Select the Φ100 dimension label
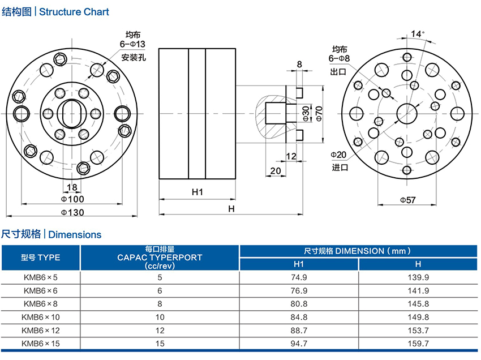click(72, 199)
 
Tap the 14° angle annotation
click(418, 33)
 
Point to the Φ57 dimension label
click(407, 200)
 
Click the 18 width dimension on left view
click(72, 187)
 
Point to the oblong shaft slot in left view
click(72, 112)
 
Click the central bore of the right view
click(407, 112)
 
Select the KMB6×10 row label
click(40, 316)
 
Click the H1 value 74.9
click(299, 277)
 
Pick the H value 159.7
click(418, 343)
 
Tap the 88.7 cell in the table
click(299, 329)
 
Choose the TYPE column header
click(40, 257)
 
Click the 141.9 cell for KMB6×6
click(418, 290)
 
